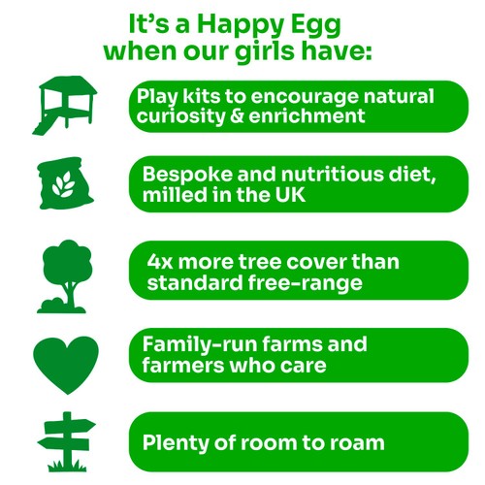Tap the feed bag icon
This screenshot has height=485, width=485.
point(67,182)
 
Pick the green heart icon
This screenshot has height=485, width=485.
point(66,362)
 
